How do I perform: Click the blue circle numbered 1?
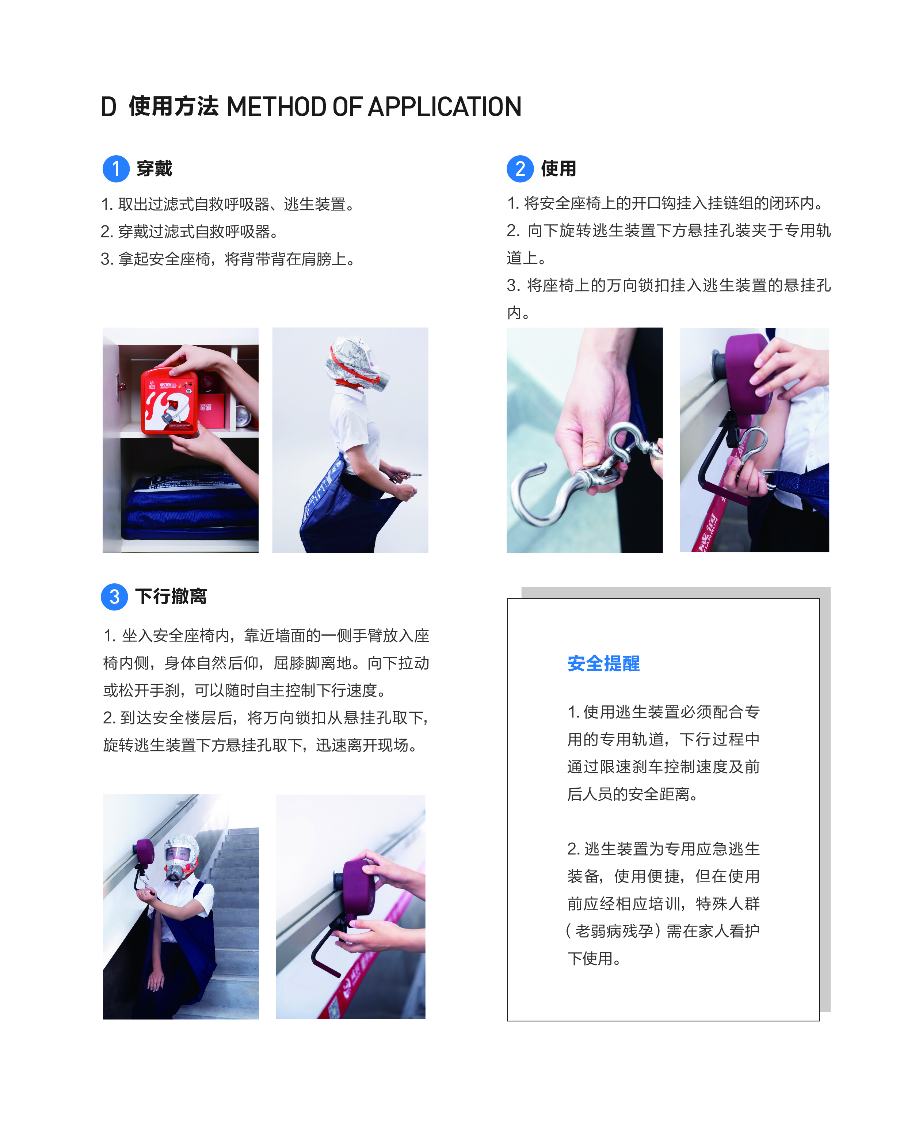pos(116,169)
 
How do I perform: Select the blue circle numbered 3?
pos(114,597)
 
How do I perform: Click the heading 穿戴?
pos(154,168)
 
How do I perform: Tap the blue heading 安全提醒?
pos(603,663)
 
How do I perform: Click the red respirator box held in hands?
pos(169,401)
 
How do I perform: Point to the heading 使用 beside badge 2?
pos(558,168)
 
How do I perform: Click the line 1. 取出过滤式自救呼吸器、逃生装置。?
pos(228,204)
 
